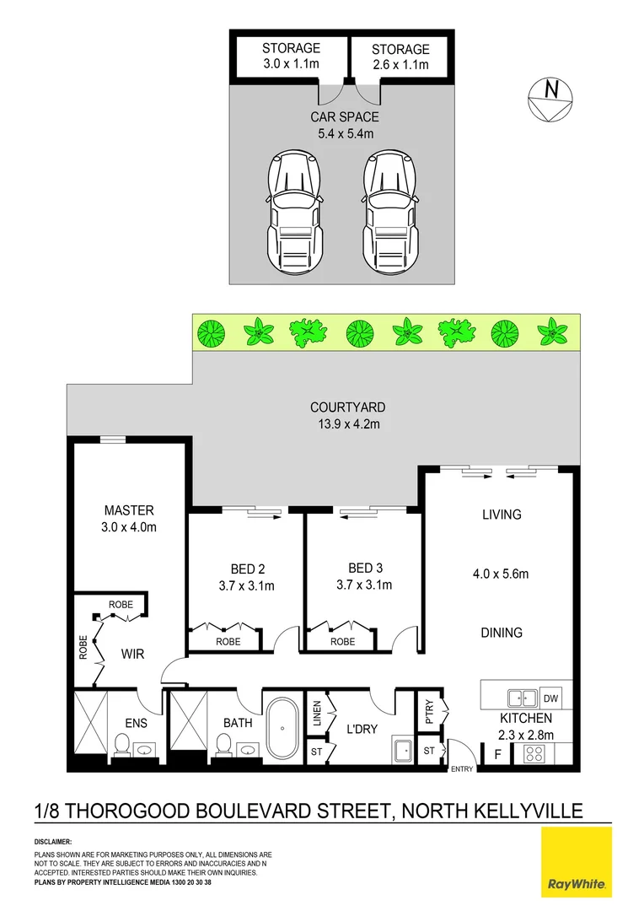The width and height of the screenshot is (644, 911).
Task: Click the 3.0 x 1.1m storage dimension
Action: pos(291,64)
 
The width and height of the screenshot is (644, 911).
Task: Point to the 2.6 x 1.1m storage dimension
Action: pos(400,65)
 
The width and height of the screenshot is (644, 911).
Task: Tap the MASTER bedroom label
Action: pos(129,510)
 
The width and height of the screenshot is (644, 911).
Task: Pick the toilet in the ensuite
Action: pos(121,746)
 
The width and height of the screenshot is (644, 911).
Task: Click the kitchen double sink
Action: pos(521,698)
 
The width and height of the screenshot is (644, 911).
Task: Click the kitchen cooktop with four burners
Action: pos(534,755)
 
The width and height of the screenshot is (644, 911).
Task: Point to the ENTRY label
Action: pos(462,768)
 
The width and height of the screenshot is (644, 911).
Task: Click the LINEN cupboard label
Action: pos(317,713)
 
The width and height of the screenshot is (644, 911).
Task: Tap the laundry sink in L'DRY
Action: pos(401,749)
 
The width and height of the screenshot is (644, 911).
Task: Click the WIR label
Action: pos(129,652)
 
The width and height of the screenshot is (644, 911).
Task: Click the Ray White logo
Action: pos(577,861)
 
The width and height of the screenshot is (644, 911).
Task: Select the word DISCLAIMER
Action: pos(53,842)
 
